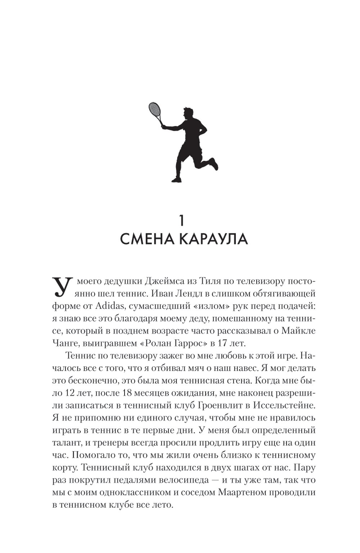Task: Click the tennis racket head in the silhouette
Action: pyautogui.click(x=154, y=109)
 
